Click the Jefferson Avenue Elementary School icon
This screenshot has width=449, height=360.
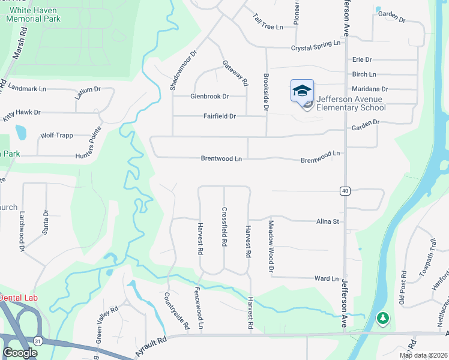(x=302, y=91)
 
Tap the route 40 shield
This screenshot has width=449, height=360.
(x=345, y=191)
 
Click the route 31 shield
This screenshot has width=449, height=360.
(x=39, y=340)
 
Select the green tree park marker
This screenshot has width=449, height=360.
(x=382, y=318)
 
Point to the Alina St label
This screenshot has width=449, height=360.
(x=328, y=221)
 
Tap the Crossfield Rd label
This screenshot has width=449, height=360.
(x=224, y=227)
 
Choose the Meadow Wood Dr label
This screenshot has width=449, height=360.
(x=271, y=245)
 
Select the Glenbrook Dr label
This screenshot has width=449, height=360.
(x=209, y=96)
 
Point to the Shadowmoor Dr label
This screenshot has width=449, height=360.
(x=175, y=70)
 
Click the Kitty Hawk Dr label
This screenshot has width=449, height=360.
(x=21, y=112)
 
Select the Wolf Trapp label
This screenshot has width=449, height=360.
(x=56, y=136)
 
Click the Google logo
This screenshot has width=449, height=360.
(x=20, y=353)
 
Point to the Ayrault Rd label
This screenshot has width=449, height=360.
(x=149, y=346)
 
